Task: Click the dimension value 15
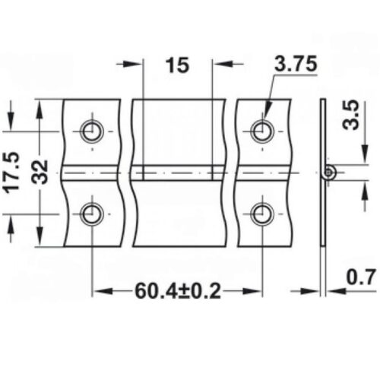tap(176, 65)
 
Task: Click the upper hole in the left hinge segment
tap(91, 131)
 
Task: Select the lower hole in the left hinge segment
tap(91, 214)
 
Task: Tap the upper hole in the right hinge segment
tap(262, 131)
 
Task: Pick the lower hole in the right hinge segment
tap(262, 214)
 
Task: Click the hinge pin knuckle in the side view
tap(328, 173)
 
